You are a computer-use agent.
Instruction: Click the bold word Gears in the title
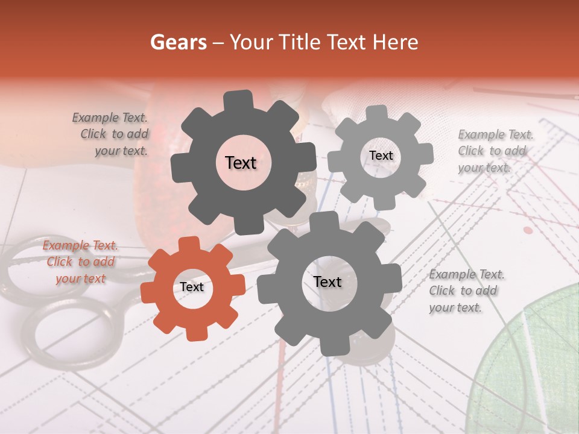177,42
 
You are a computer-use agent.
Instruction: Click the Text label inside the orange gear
192,288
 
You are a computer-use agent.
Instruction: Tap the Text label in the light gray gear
381,156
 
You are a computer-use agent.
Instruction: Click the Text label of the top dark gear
241,163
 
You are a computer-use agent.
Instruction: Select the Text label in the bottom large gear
327,282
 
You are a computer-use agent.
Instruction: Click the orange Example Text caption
80,262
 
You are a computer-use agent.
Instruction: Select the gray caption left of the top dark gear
112,134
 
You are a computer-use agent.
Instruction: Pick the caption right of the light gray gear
495,151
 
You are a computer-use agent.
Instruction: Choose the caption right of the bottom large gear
466,291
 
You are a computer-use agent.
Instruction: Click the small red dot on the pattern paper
528,230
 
